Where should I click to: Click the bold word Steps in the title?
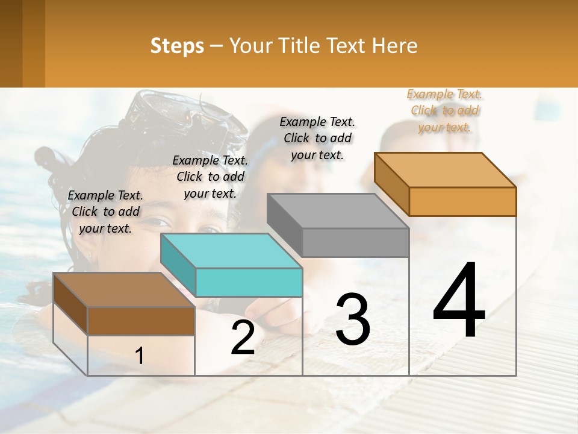pos(177,46)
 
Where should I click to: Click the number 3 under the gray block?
pos(353,319)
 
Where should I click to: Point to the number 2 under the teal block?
pos(243,338)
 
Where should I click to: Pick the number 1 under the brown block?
pos(140,356)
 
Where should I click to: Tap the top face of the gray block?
pos(338,211)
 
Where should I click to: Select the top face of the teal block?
pos(231,251)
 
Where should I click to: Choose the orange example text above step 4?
pos(444,110)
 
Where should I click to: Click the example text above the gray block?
pos(317,138)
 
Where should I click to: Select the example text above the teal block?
pos(210,177)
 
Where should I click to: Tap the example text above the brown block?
pos(105,212)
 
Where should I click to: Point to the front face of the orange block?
pos(462,201)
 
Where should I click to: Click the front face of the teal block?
pos(249,282)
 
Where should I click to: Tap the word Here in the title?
pos(394,46)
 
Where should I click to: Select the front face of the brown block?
pos(141,321)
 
